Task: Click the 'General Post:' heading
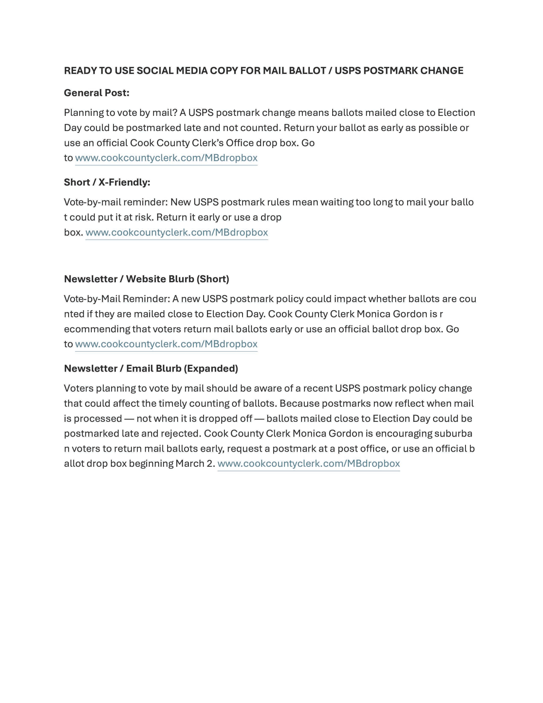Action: tap(97, 93)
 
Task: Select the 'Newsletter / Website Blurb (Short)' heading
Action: tap(146, 279)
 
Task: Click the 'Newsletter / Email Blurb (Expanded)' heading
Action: tap(151, 368)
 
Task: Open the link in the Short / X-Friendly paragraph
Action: tap(177, 232)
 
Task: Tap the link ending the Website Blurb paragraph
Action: tap(166, 344)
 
